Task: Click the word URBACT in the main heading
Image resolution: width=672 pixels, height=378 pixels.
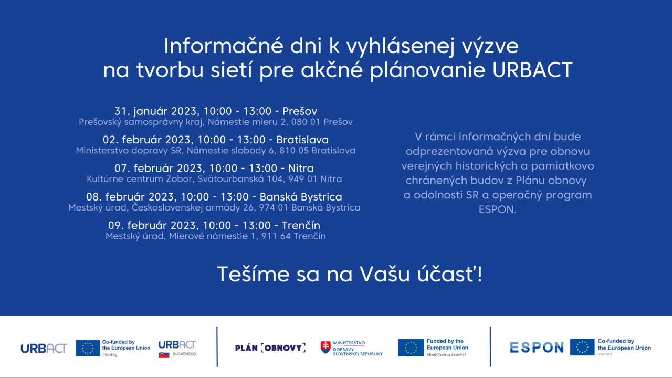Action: tap(532, 70)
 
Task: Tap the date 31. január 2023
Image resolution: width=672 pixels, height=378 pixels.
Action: tap(156, 111)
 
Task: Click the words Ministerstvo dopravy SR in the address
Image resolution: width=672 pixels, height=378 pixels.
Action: tap(129, 151)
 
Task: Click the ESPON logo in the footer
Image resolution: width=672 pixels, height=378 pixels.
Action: tap(537, 348)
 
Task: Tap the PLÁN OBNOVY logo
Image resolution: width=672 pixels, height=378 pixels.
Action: tap(270, 348)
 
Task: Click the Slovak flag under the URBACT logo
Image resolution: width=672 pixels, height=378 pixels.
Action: tap(164, 354)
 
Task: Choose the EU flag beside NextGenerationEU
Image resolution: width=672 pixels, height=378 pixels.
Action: tap(411, 348)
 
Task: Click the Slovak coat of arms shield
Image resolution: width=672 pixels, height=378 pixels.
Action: tap(325, 348)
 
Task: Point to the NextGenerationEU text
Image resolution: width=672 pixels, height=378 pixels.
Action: tap(446, 355)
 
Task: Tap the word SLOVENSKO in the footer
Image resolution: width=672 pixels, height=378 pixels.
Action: tap(184, 354)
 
